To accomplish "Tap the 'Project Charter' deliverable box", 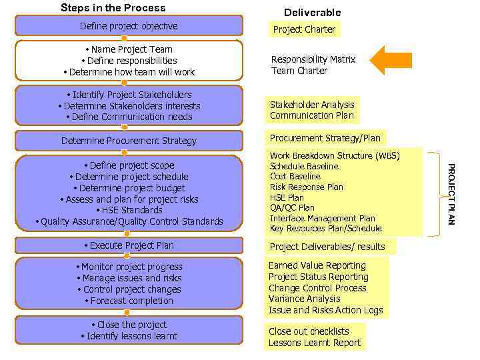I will [x=305, y=29].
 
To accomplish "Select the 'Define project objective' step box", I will [x=129, y=26].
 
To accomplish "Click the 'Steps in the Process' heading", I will [x=113, y=8].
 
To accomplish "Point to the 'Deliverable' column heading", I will [x=312, y=13].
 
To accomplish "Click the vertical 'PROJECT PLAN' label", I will [x=451, y=193].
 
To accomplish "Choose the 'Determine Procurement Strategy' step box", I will [x=129, y=141].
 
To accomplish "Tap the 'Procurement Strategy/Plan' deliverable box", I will [x=325, y=138].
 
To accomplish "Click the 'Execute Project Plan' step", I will [x=129, y=245].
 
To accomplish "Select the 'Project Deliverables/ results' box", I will [x=327, y=247].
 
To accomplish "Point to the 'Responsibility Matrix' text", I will [x=313, y=59].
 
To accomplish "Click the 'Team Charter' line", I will [x=299, y=71].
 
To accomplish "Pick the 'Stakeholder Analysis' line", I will [x=312, y=105].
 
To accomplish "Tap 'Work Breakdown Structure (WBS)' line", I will [x=335, y=156].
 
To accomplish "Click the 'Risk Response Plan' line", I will [x=307, y=187].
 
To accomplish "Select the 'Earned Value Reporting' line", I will [x=317, y=265].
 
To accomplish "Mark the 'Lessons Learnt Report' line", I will [x=315, y=343].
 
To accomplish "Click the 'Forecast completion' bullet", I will [x=129, y=301].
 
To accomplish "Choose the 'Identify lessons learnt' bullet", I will [x=129, y=336].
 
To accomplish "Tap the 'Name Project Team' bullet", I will [x=129, y=49].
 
